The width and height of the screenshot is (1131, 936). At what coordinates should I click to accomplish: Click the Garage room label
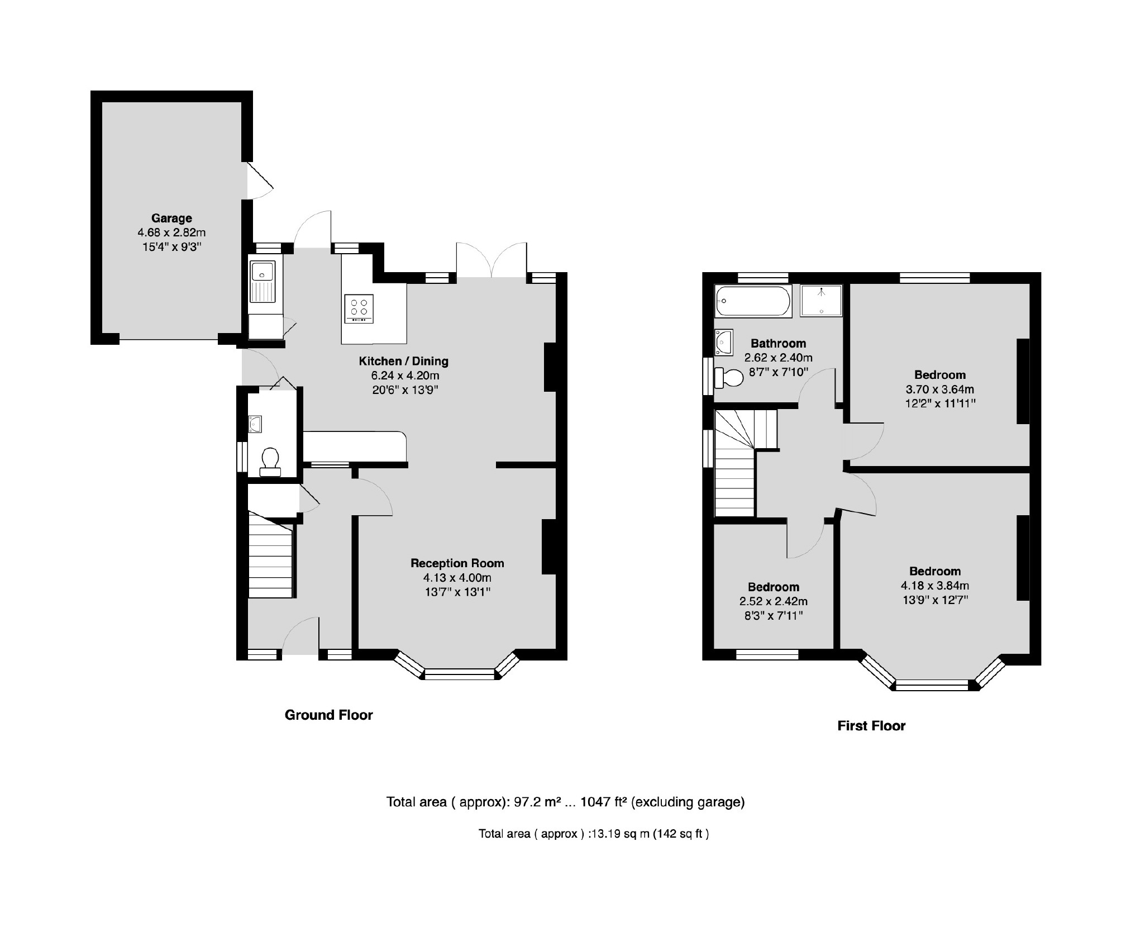pyautogui.click(x=171, y=218)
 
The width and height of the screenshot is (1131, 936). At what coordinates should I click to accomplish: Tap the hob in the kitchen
pyautogui.click(x=359, y=308)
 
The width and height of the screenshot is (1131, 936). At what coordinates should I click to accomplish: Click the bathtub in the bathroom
pyautogui.click(x=753, y=301)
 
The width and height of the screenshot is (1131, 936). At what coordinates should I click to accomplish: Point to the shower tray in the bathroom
pyautogui.click(x=820, y=301)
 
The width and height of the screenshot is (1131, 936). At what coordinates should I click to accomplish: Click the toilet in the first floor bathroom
pyautogui.click(x=729, y=378)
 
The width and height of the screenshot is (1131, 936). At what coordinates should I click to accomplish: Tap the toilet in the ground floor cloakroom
pyautogui.click(x=270, y=460)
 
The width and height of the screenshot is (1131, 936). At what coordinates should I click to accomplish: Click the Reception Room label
pyautogui.click(x=457, y=563)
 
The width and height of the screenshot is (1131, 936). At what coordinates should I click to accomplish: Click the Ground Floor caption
pyautogui.click(x=328, y=715)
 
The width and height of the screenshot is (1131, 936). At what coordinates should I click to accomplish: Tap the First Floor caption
pyautogui.click(x=871, y=726)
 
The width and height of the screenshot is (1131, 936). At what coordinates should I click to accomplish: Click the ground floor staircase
pyautogui.click(x=270, y=559)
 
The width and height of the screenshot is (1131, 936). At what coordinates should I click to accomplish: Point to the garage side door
pyautogui.click(x=259, y=180)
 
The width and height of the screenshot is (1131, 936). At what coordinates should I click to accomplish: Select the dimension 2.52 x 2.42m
pyautogui.click(x=773, y=601)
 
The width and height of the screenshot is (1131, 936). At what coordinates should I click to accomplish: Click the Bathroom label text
pyautogui.click(x=778, y=343)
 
